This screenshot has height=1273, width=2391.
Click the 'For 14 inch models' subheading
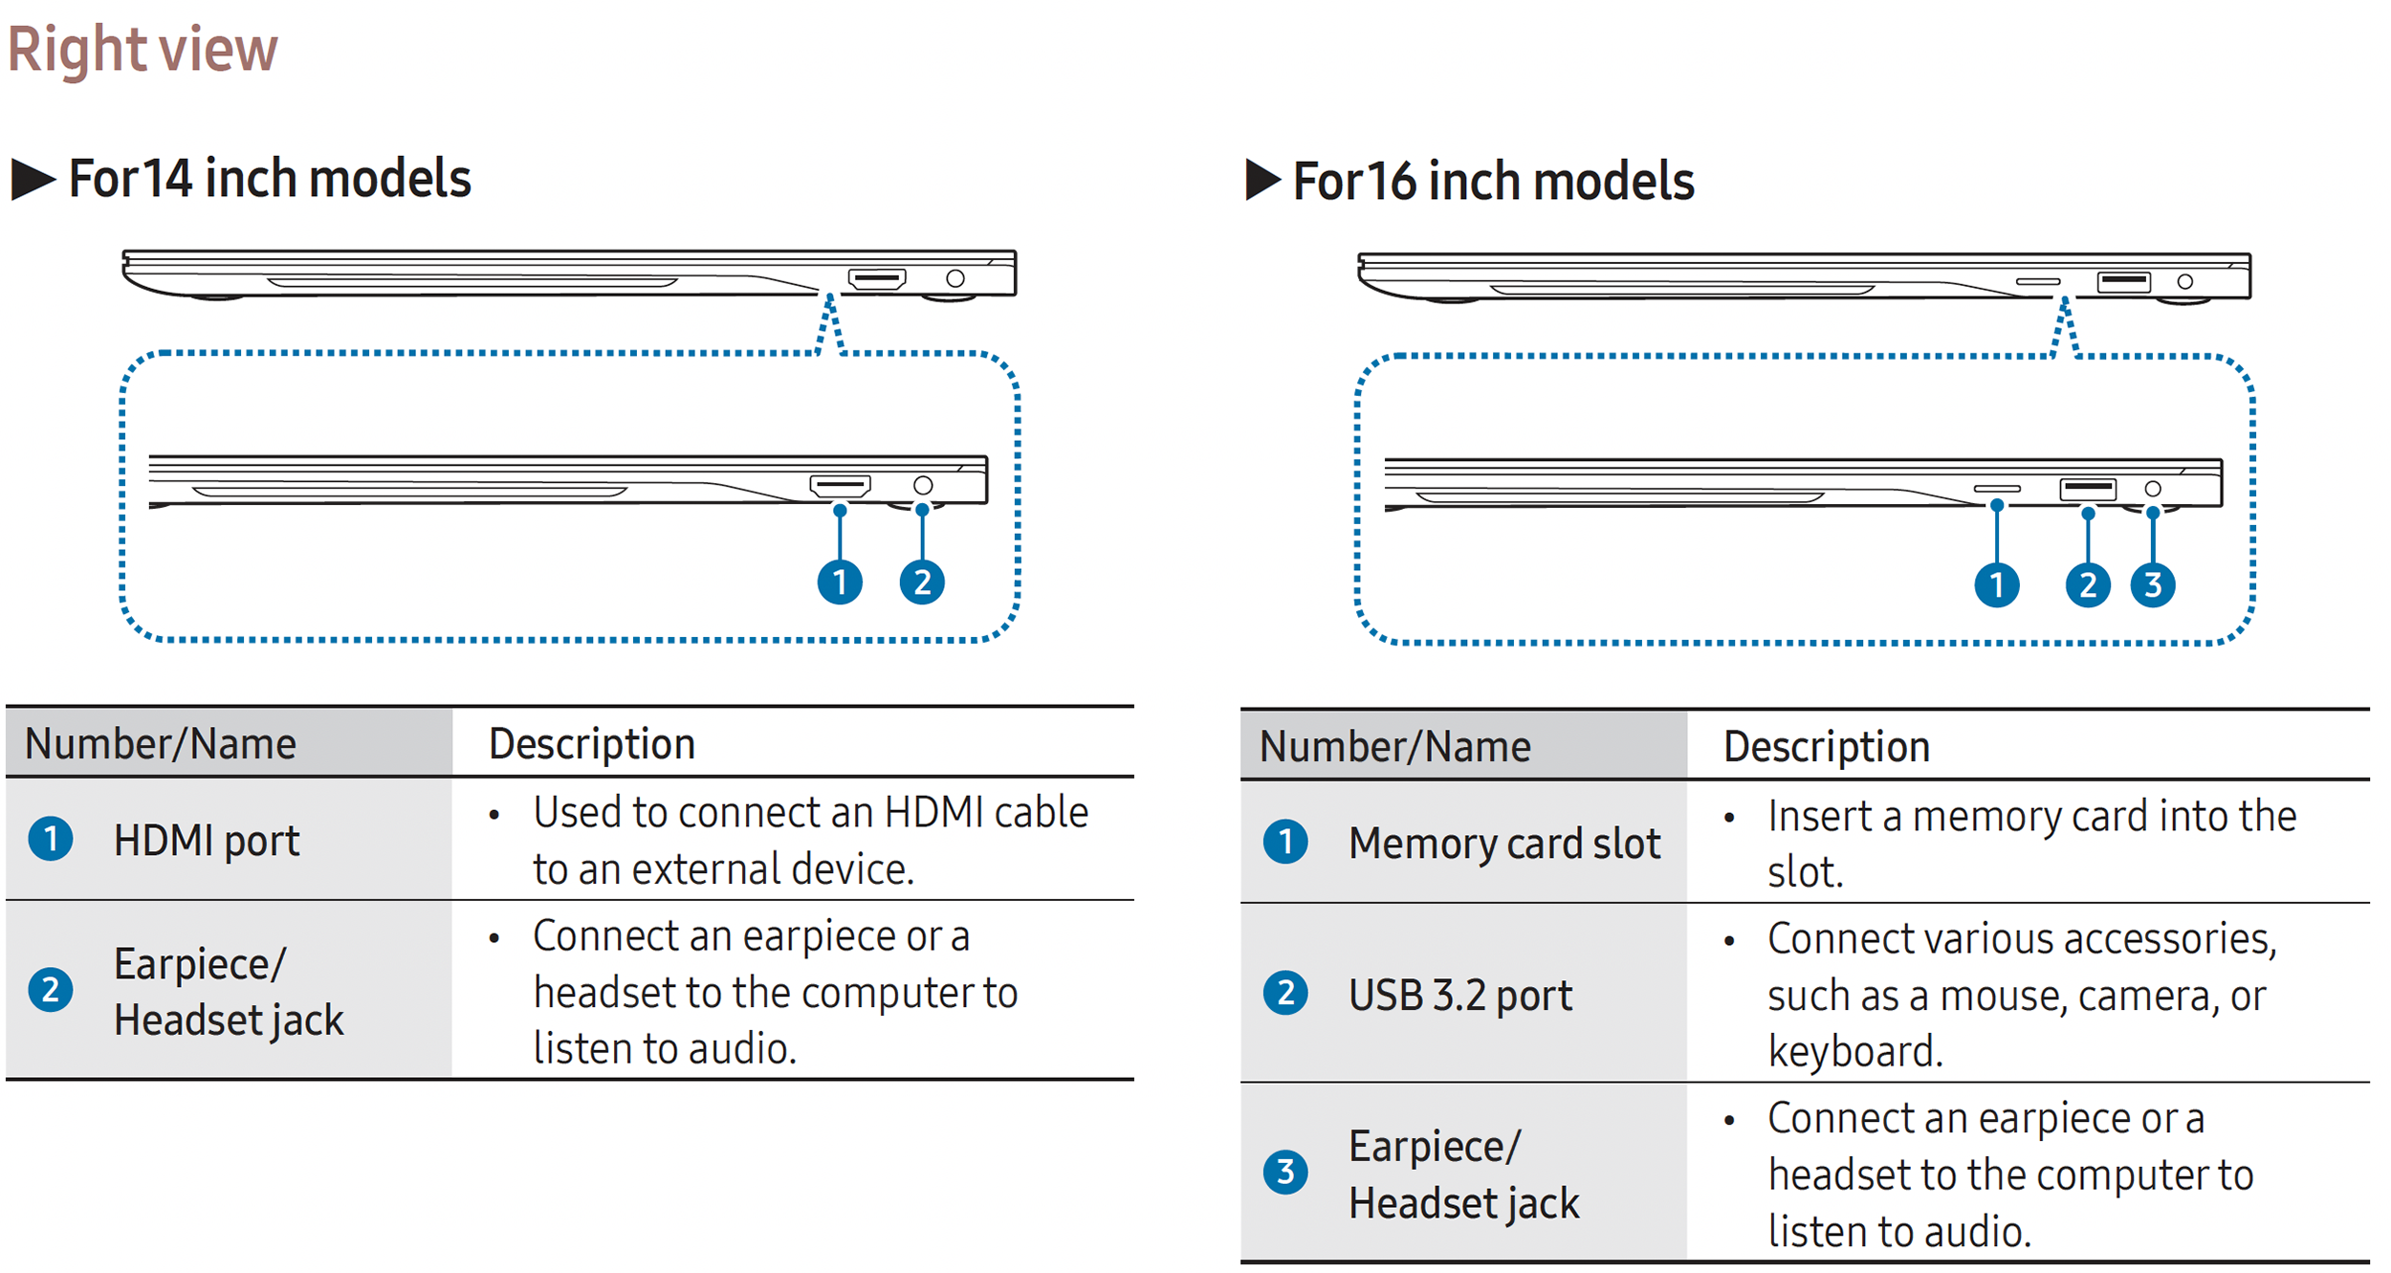[270, 179]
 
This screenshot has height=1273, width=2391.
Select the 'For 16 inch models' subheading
[1493, 181]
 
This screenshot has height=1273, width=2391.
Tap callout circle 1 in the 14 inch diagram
[840, 582]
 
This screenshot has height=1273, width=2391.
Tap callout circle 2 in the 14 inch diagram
[922, 582]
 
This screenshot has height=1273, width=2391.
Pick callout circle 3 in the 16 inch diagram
[2153, 584]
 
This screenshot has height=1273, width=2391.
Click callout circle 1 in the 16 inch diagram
[1997, 584]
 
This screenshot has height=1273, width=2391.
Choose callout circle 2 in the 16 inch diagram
[2088, 584]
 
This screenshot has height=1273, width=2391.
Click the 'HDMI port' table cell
[207, 841]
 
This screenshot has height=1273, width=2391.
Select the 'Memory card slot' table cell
[1503, 844]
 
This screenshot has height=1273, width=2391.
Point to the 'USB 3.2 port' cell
[1459, 995]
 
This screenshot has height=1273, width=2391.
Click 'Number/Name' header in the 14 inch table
[161, 744]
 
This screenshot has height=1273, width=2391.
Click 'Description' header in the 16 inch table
[1827, 747]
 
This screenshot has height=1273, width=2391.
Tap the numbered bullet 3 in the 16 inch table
[1285, 1172]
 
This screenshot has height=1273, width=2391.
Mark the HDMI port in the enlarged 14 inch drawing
[840, 486]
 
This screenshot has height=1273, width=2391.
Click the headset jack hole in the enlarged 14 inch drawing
[923, 486]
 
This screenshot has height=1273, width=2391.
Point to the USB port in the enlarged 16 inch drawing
[2088, 489]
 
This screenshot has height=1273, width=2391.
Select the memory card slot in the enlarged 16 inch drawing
[1997, 489]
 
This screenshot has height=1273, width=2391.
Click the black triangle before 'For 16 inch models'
[1262, 180]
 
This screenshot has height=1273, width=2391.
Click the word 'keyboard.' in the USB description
[1854, 1051]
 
